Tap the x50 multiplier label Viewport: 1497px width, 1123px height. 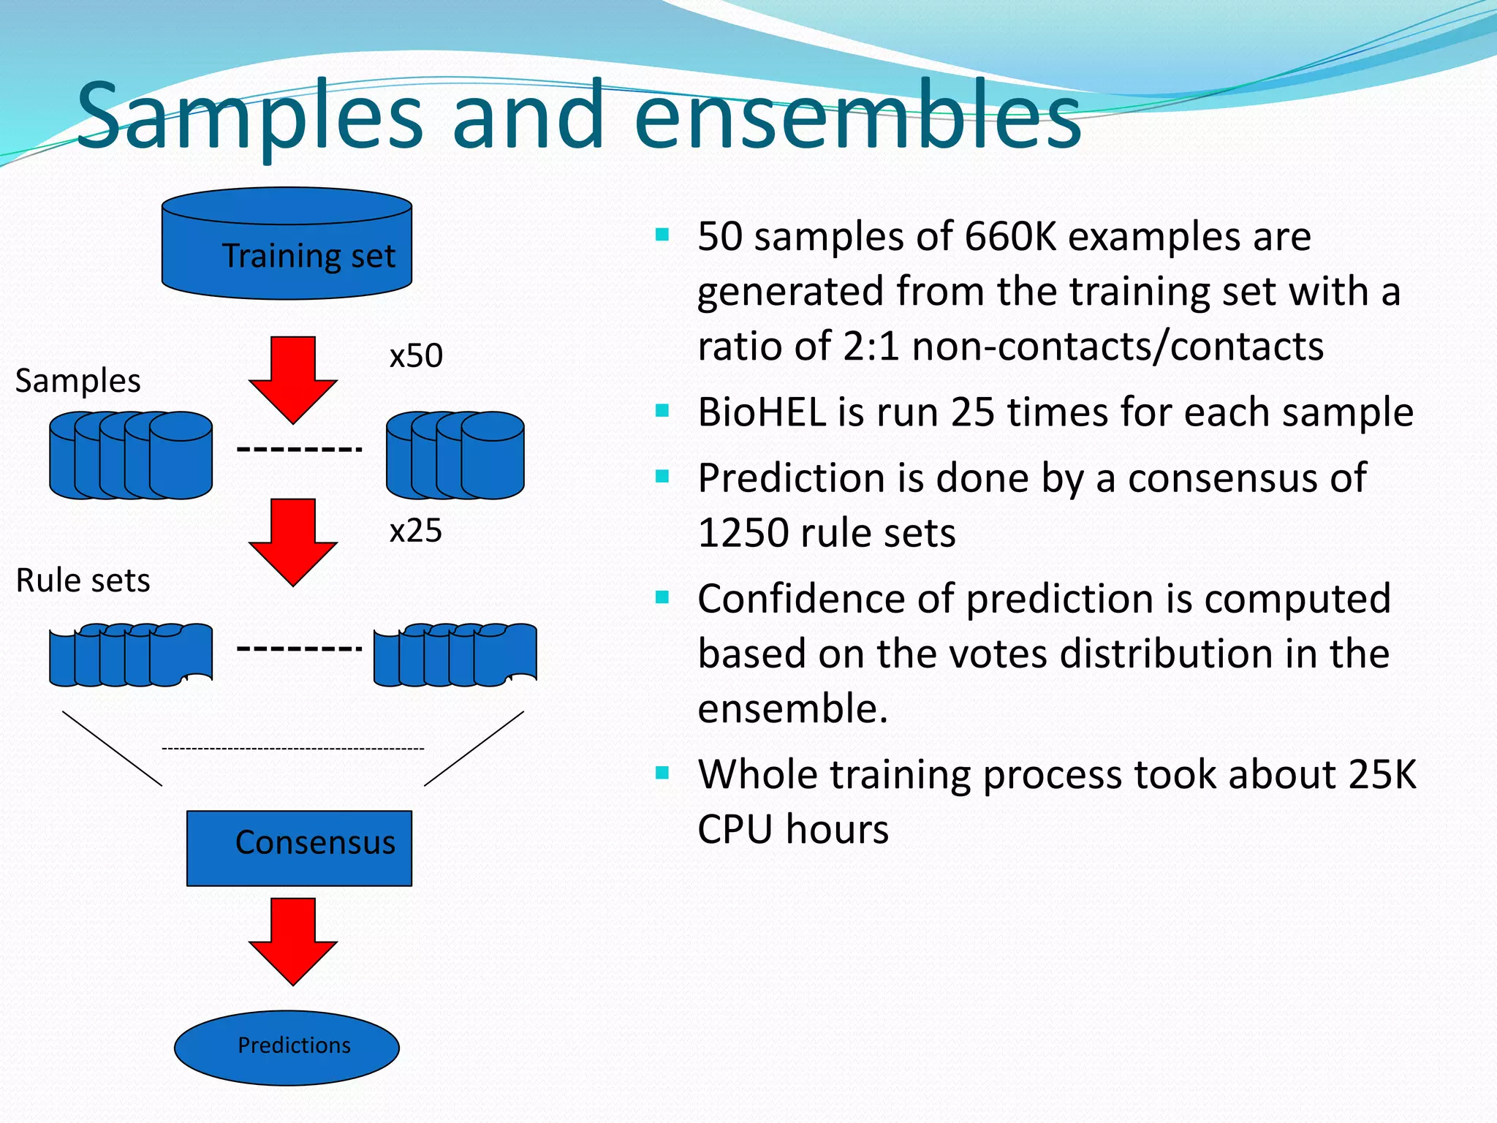(415, 356)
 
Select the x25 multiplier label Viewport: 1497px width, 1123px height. (415, 531)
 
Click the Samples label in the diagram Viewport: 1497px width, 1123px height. (77, 381)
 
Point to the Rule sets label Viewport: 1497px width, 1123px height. (83, 581)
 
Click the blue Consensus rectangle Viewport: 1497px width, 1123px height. (299, 848)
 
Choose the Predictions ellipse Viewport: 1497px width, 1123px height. (287, 1047)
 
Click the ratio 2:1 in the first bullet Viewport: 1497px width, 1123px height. (870, 347)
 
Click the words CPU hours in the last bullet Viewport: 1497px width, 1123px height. (792, 830)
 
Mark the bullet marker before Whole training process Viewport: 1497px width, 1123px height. (662, 773)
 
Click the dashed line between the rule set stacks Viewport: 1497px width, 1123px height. (298, 649)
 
